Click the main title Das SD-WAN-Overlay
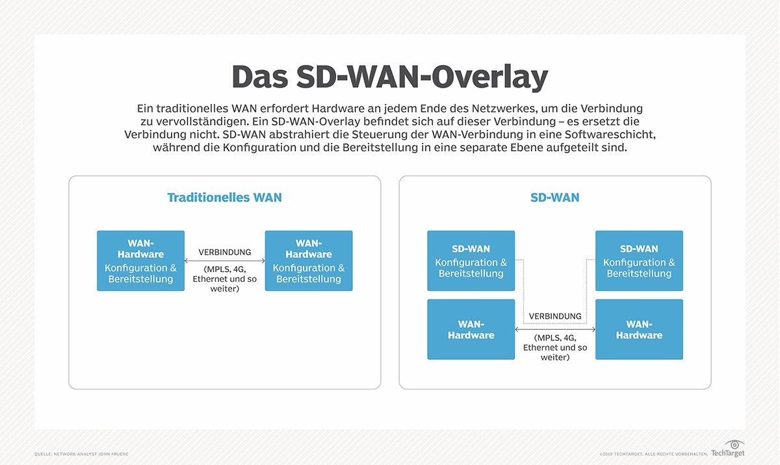pos(389,77)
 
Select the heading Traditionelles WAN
pos(224,197)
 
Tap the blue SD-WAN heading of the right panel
pos(554,197)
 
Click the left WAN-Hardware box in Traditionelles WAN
pos(140,260)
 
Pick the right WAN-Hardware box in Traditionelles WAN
pos(309,260)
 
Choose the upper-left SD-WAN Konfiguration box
pos(471,260)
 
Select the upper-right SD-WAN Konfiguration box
pos(639,260)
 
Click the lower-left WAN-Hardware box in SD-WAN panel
pos(471,329)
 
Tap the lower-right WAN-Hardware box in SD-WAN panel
pos(639,329)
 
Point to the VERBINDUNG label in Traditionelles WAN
pos(225,252)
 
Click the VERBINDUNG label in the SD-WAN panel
pos(555,316)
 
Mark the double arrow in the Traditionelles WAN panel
pos(225,261)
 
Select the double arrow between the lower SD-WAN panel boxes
pos(555,329)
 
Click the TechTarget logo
pos(728,449)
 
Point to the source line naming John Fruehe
pos(81,453)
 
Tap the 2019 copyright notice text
pos(653,453)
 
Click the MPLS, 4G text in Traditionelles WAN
pos(225,269)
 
